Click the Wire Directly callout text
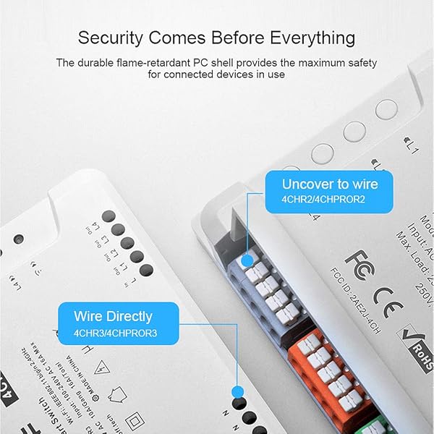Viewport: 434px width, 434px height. [113, 316]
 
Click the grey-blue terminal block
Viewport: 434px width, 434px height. [264, 289]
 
